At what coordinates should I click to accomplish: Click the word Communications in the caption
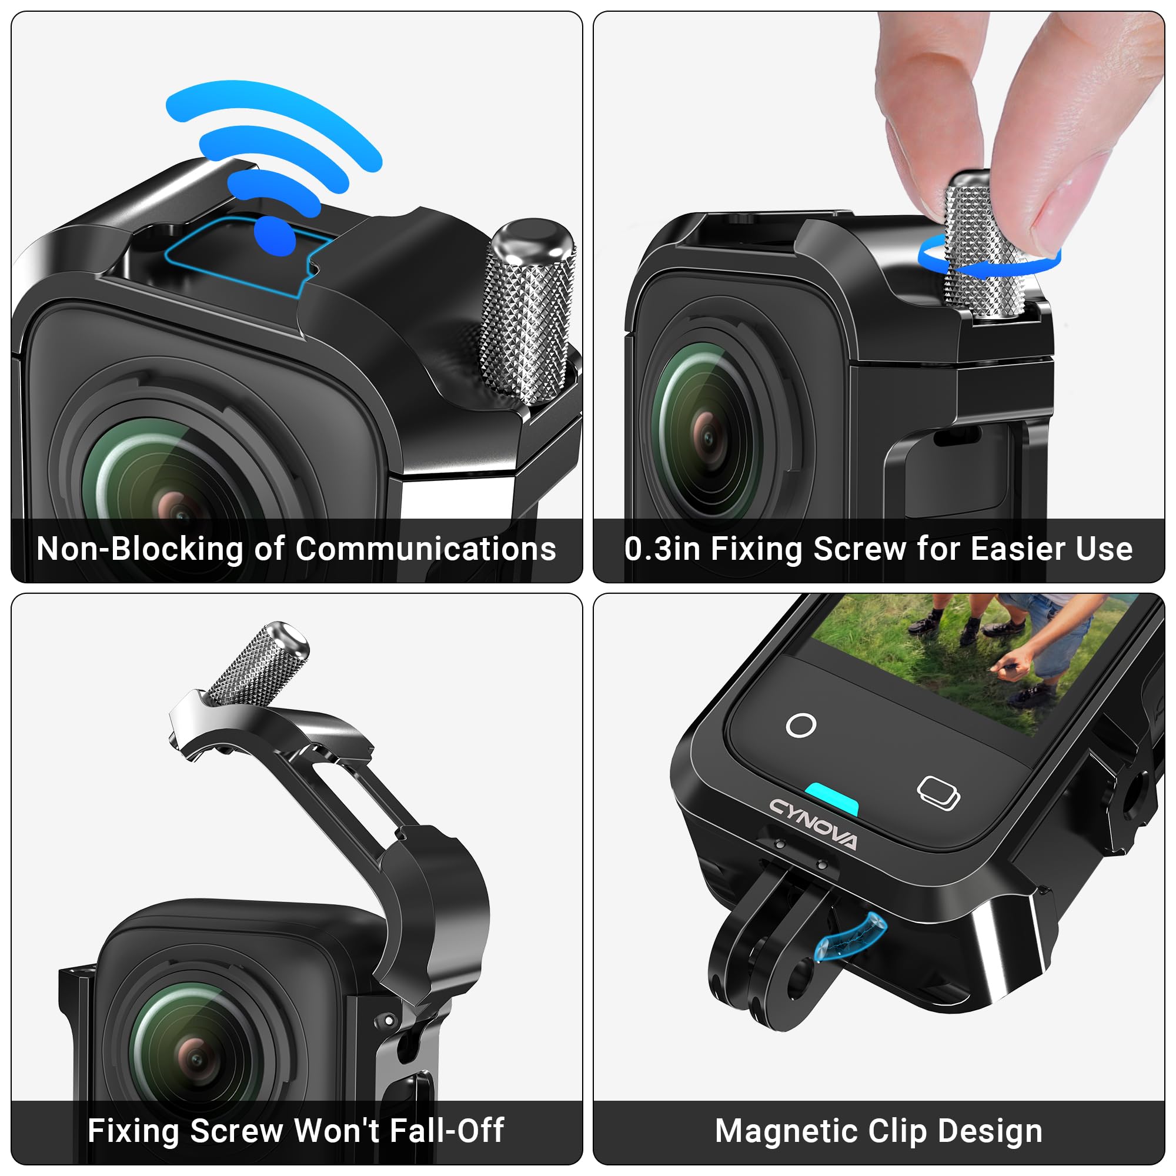tap(426, 549)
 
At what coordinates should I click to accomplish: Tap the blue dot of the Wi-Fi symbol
tap(275, 236)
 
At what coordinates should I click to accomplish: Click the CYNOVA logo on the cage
tap(813, 824)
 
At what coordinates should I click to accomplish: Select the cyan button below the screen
tap(831, 798)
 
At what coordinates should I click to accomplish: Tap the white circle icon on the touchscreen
tap(801, 725)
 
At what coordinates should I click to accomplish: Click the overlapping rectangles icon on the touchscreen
tap(938, 793)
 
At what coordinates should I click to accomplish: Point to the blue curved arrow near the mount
tap(851, 939)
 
